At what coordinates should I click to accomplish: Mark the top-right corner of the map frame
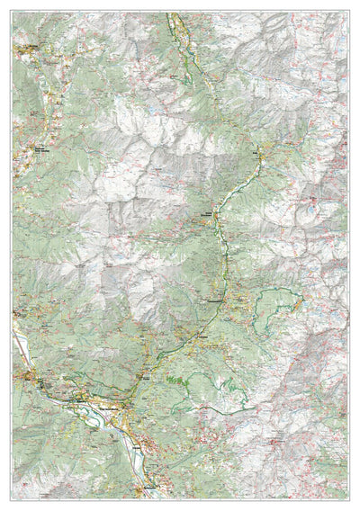point(348,12)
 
